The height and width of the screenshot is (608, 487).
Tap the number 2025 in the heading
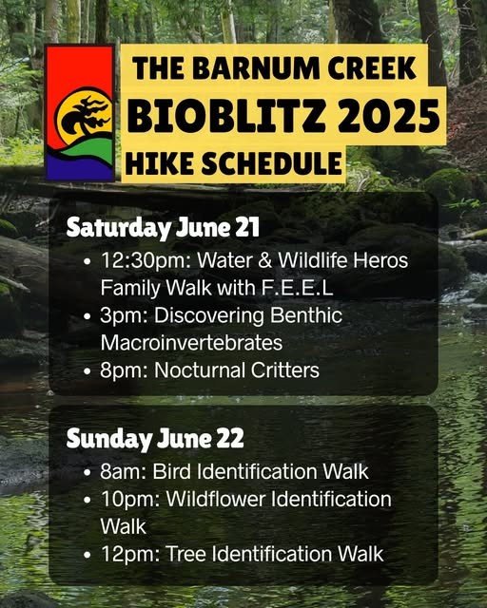(x=388, y=115)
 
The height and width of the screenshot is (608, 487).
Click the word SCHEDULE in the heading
(x=271, y=162)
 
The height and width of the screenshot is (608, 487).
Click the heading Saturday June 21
(x=163, y=228)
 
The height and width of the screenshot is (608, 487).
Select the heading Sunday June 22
(x=155, y=439)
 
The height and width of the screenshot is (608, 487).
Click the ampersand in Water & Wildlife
(x=264, y=260)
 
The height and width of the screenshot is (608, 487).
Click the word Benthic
(x=306, y=315)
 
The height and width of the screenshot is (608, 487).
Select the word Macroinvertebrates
(x=191, y=343)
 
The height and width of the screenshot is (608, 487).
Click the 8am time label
(x=123, y=472)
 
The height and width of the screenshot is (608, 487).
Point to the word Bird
(x=171, y=472)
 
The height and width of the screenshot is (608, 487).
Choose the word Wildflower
(x=216, y=499)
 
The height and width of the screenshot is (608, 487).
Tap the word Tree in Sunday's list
(x=186, y=554)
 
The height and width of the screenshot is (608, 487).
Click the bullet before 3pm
(x=88, y=316)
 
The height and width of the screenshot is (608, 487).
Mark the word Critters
(x=285, y=370)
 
